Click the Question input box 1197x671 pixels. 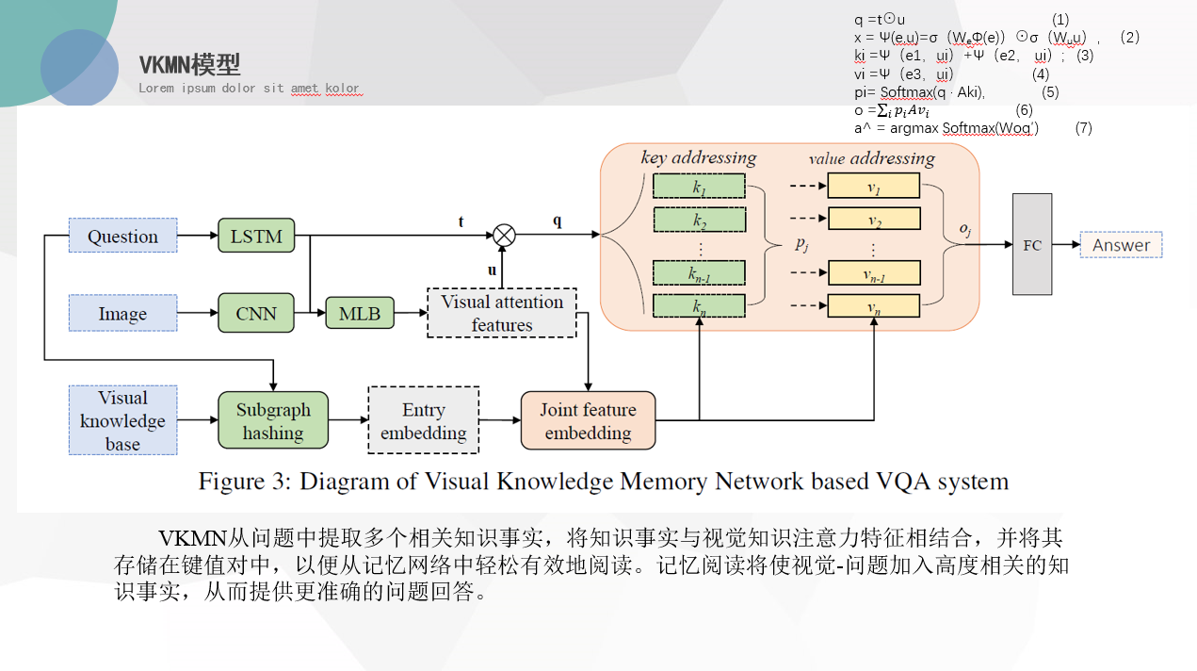coord(122,236)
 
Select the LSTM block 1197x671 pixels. coord(256,236)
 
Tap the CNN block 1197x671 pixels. coord(256,313)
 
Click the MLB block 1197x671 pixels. coord(359,313)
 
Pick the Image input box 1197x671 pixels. coord(122,313)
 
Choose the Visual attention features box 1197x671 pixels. coord(501,313)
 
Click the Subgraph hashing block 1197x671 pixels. coord(272,420)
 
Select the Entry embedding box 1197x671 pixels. coord(423,420)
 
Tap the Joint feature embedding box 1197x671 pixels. coord(588,420)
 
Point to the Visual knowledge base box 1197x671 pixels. coord(122,420)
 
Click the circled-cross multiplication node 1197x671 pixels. coord(504,235)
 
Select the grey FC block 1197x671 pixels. coord(1032,244)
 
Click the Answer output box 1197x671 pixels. coord(1121,245)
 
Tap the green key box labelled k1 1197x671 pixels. coord(699,187)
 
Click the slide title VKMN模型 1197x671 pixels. coord(189,65)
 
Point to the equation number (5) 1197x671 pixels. coord(1050,92)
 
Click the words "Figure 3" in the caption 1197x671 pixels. coord(242,482)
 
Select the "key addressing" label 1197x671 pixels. coord(698,157)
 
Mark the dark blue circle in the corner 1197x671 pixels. coord(79,67)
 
